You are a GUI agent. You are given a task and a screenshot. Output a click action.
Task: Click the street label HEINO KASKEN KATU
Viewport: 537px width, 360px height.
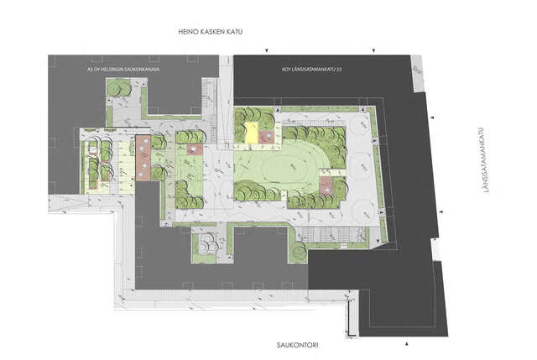211,32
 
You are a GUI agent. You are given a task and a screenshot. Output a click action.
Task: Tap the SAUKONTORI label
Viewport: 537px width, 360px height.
297,345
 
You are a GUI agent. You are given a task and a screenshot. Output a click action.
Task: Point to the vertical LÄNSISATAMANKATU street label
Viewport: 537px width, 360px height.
486,160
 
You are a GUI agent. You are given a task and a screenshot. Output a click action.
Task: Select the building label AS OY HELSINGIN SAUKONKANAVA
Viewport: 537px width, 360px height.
123,70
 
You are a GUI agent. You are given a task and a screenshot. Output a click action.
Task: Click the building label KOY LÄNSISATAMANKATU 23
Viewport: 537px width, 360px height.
311,70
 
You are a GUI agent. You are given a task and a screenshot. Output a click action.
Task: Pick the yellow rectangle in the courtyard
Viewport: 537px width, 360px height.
252,133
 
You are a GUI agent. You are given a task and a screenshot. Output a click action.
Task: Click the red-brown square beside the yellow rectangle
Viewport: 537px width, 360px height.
267,137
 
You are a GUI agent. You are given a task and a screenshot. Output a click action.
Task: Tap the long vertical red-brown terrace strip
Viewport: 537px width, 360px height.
143,158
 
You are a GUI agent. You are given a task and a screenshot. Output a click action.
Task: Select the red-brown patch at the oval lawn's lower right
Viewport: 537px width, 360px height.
326,185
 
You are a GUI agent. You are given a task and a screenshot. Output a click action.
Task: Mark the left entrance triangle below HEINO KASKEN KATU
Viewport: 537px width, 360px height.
267,51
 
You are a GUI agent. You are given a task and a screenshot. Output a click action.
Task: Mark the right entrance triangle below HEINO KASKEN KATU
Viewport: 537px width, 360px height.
374,51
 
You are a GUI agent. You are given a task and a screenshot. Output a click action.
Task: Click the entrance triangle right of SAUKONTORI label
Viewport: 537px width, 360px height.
407,343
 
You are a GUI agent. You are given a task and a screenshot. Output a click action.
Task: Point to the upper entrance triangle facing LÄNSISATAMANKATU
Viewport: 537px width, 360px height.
432,117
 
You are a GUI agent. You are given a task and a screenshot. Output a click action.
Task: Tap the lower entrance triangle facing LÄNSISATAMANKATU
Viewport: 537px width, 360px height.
441,211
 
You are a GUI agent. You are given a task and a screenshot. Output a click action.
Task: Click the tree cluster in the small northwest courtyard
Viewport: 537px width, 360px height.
118,87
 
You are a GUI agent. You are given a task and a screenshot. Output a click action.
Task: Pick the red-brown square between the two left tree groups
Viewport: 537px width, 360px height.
195,149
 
